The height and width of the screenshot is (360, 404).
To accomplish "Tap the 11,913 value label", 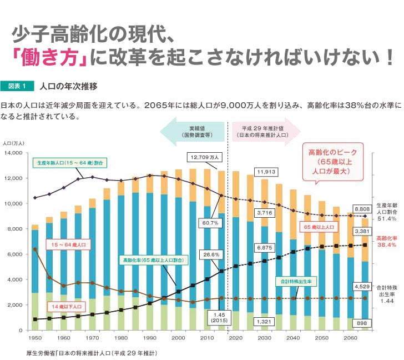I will pyautogui.click(x=266, y=171).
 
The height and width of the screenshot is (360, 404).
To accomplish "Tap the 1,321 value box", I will pyautogui.click(x=265, y=321).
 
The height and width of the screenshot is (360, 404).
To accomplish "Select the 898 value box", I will pyautogui.click(x=362, y=323).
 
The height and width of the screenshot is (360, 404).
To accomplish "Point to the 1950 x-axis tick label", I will pyautogui.click(x=34, y=337).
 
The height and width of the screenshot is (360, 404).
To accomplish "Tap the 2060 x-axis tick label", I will pyautogui.click(x=350, y=337).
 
